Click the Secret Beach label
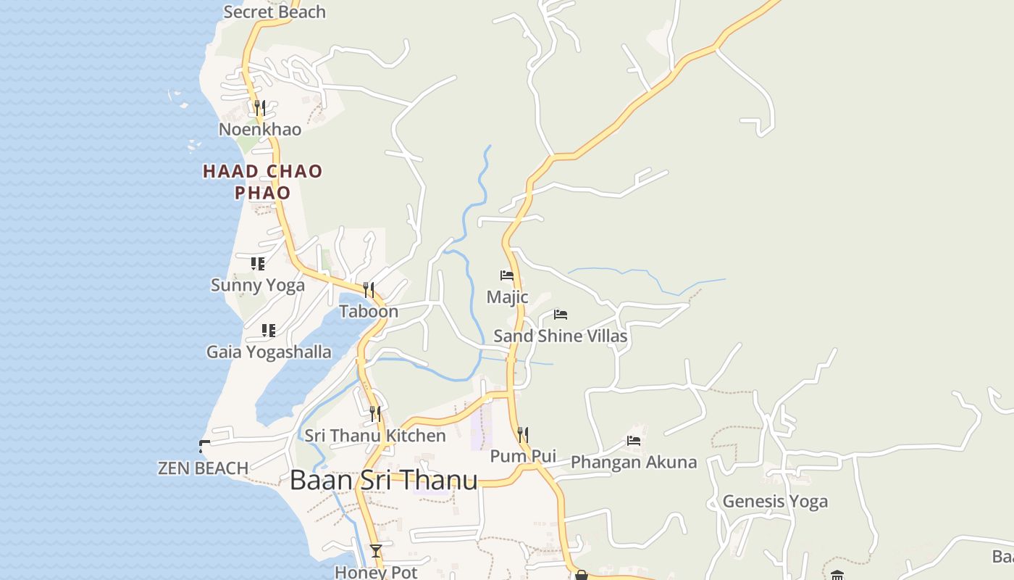[275, 12]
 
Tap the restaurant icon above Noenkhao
[260, 108]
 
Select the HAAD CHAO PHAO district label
[262, 182]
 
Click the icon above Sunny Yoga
[258, 264]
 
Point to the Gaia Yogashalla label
[269, 352]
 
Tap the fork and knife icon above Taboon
[369, 290]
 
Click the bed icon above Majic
[507, 275]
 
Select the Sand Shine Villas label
[560, 336]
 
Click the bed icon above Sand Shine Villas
[561, 315]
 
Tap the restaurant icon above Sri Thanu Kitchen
[375, 414]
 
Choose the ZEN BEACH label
[204, 468]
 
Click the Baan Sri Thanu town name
[383, 480]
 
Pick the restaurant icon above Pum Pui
[523, 435]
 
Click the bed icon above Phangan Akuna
[634, 441]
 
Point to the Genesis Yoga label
[775, 501]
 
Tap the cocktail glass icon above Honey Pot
[376, 551]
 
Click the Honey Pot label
[376, 572]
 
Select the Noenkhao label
[260, 129]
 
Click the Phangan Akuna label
[634, 462]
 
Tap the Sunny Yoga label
[258, 285]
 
